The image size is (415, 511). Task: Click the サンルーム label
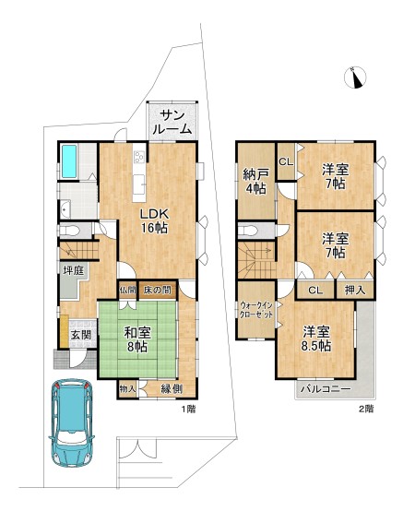175,122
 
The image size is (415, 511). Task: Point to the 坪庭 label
74,270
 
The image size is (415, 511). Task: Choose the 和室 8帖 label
136,339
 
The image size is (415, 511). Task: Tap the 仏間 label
127,290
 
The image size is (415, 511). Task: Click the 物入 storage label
127,389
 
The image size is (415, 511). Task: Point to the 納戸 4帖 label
256,182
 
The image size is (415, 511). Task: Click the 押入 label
355,290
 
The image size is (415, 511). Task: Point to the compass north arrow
355,79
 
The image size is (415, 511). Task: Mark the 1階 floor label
188,408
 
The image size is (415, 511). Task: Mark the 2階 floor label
365,408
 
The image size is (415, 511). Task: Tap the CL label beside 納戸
285,162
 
